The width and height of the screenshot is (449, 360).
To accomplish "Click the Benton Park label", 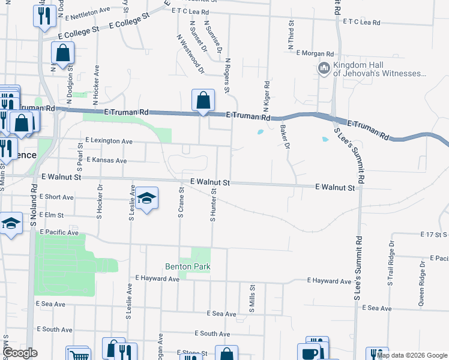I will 188,266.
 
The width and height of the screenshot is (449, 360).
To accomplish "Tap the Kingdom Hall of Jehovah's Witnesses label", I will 379,69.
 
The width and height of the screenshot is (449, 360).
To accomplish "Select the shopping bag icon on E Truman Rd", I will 203,100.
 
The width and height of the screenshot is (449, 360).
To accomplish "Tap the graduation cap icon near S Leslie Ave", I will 146,199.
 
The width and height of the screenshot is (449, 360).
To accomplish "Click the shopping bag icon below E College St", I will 63,54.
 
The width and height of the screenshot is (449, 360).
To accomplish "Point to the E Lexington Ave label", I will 109,141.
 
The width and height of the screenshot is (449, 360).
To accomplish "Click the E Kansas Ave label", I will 107,161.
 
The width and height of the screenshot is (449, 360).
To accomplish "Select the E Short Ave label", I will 56,197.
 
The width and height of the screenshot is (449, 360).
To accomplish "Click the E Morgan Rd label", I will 315,53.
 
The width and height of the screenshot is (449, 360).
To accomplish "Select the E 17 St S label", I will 434,234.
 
